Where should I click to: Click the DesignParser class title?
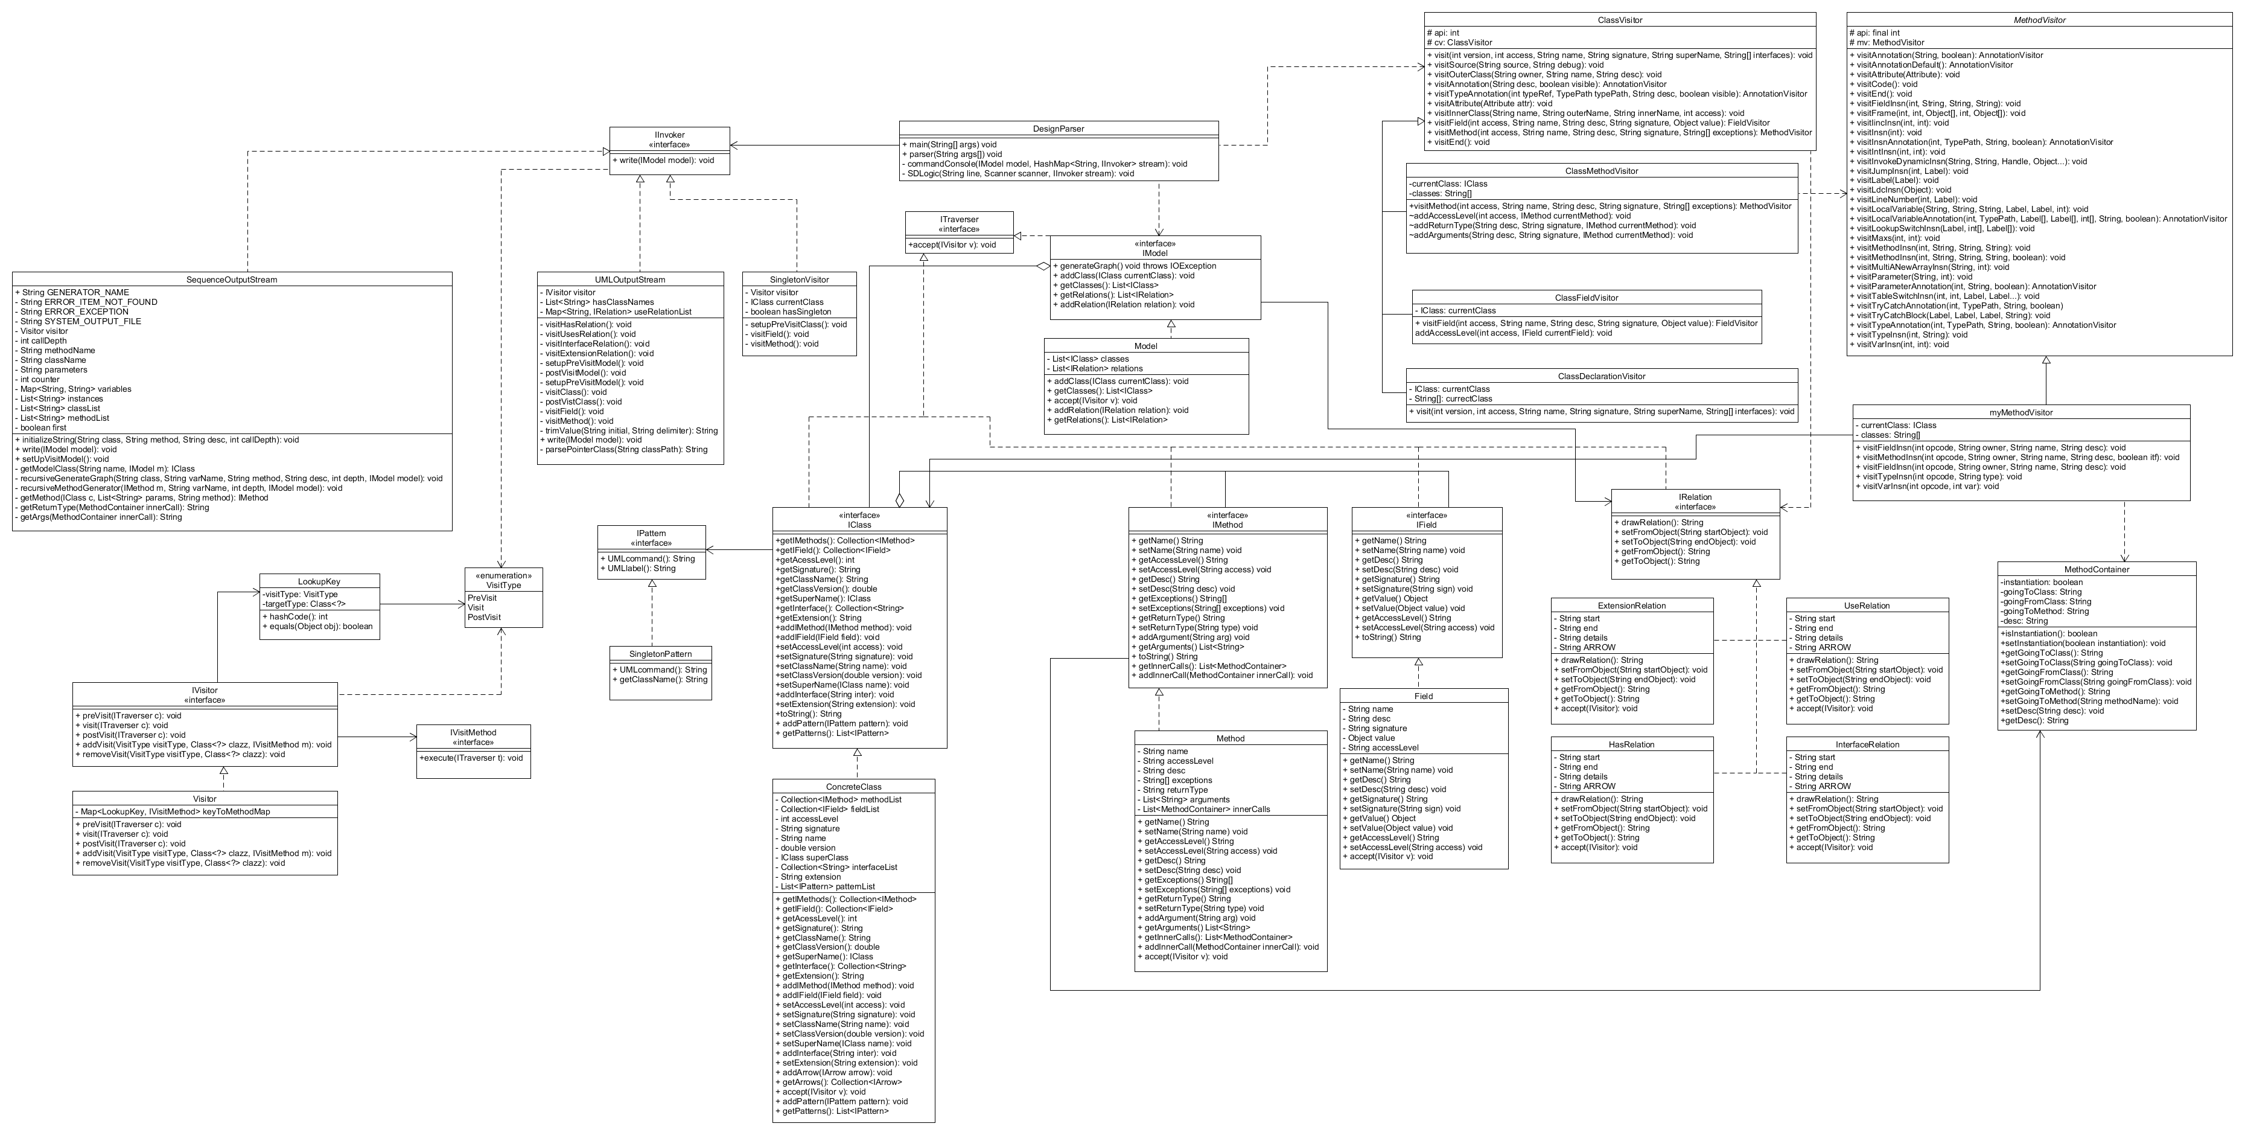[1058, 128]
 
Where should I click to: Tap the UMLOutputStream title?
[629, 280]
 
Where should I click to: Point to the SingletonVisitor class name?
[799, 280]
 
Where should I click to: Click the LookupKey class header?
[319, 581]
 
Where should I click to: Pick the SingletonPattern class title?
[660, 654]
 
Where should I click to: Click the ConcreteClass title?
[853, 786]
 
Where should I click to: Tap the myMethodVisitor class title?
[2020, 412]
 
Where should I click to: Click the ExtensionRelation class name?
[1631, 605]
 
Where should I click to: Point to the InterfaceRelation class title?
[1867, 744]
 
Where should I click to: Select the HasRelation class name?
[1631, 744]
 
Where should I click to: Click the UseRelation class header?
[1867, 605]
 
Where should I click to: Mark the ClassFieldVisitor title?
[1586, 297]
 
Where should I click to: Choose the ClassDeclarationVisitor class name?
[1601, 376]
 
